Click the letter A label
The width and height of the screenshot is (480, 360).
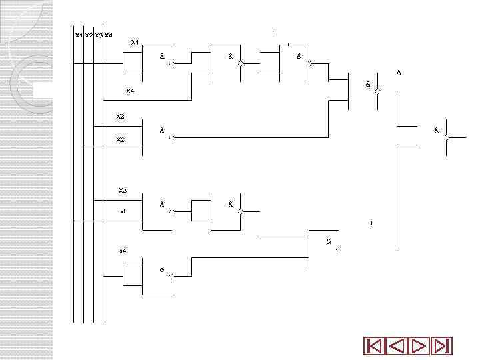(x=399, y=72)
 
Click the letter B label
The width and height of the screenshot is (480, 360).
(x=371, y=223)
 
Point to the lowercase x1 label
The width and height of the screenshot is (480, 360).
(x=122, y=211)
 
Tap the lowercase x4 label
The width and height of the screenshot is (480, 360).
(x=123, y=251)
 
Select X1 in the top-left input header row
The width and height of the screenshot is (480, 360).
(x=79, y=35)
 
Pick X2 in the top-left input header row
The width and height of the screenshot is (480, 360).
(x=89, y=35)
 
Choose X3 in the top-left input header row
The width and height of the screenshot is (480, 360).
(x=99, y=35)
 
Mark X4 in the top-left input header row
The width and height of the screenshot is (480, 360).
(x=109, y=35)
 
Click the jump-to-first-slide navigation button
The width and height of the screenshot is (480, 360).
(x=373, y=346)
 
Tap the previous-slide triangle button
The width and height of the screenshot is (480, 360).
(x=397, y=346)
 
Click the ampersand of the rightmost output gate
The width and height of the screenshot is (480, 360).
(x=437, y=131)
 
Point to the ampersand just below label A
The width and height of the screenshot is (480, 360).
(x=367, y=85)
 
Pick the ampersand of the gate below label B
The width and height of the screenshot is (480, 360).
(x=329, y=241)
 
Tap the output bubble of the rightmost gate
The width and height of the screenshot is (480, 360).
(x=447, y=138)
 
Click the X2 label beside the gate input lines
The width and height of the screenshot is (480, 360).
(x=121, y=140)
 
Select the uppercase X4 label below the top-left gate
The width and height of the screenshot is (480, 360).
(x=130, y=91)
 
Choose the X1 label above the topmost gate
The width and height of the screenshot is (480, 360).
(x=135, y=43)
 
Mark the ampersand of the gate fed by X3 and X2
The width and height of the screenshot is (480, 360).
(x=162, y=131)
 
